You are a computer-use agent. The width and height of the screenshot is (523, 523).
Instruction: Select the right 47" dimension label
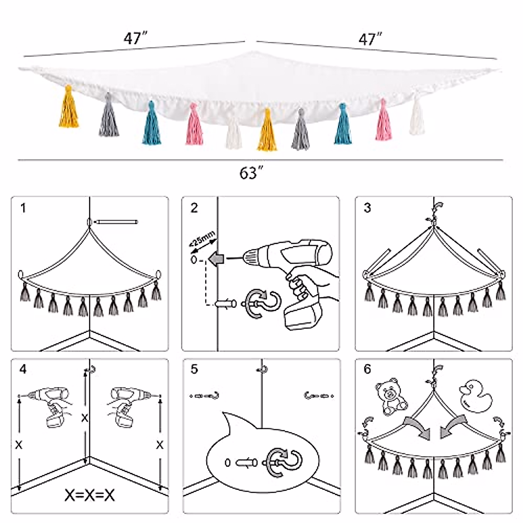point(370,40)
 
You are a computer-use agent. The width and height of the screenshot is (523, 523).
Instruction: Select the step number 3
point(367,208)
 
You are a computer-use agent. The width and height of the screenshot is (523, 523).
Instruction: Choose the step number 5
point(194,370)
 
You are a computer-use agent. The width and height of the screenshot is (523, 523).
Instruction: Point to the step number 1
point(23,208)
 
